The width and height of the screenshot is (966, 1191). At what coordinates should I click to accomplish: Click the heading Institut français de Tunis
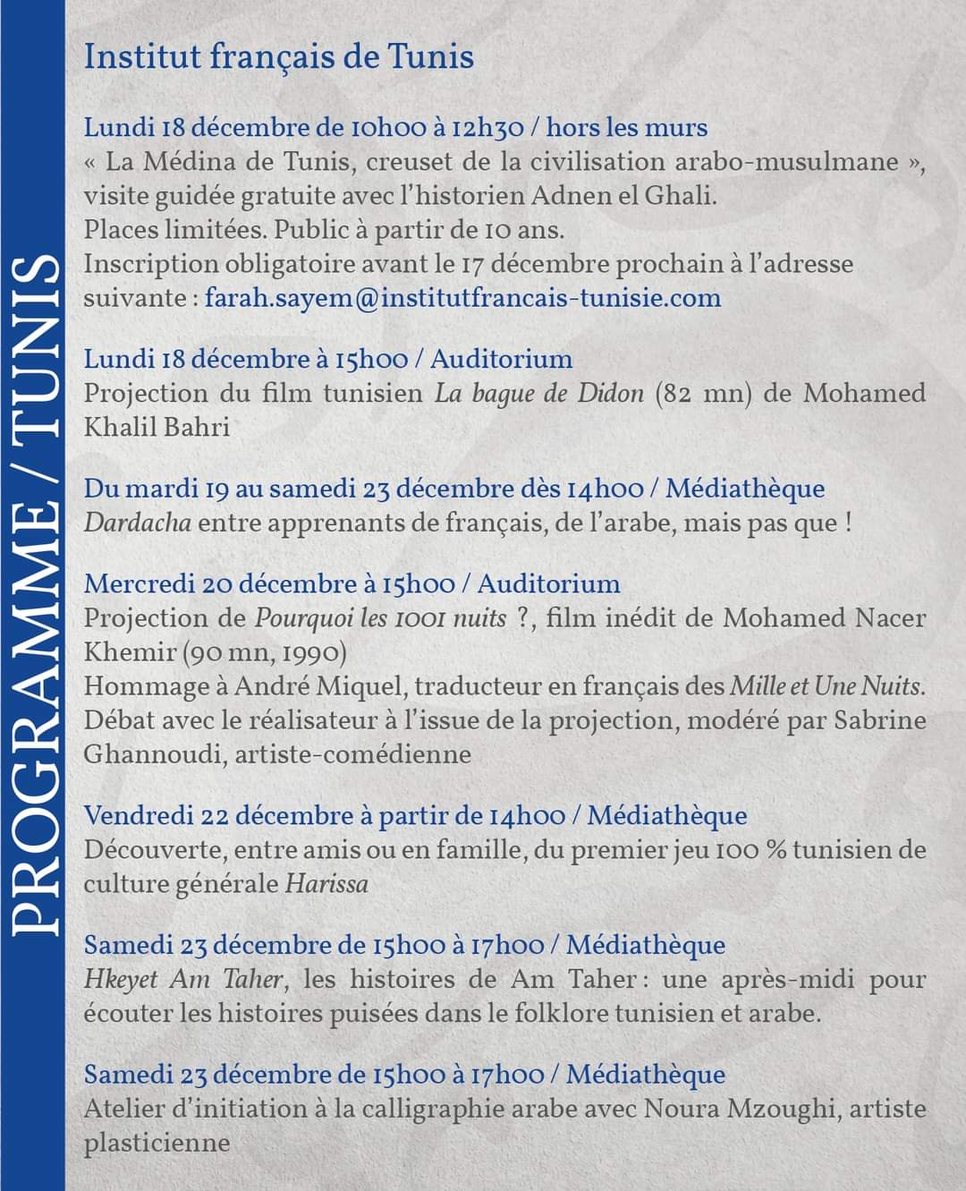pyautogui.click(x=278, y=57)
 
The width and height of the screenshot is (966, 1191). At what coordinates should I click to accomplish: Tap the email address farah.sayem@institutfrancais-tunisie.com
pyautogui.click(x=462, y=298)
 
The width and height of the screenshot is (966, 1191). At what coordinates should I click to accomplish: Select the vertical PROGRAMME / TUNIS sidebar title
pyautogui.click(x=34, y=595)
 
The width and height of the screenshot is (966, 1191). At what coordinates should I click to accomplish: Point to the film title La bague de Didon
pyautogui.click(x=538, y=394)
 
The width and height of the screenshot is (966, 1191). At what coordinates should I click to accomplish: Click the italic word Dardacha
pyautogui.click(x=137, y=523)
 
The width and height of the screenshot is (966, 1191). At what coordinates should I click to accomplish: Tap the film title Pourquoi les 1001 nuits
pyautogui.click(x=381, y=618)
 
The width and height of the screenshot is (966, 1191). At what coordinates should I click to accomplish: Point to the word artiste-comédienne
pyautogui.click(x=353, y=754)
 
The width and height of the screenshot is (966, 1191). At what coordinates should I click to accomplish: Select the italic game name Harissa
pyautogui.click(x=326, y=884)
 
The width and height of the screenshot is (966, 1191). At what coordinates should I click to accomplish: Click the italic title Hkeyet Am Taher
pyautogui.click(x=185, y=980)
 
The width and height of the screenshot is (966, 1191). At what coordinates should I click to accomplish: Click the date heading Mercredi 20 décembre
pyautogui.click(x=220, y=584)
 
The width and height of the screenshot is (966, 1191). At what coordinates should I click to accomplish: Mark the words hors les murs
pyautogui.click(x=626, y=128)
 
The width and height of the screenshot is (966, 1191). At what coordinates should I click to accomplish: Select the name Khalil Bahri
pyautogui.click(x=157, y=427)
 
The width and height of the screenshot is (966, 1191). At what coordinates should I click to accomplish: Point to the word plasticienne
pyautogui.click(x=157, y=1143)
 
